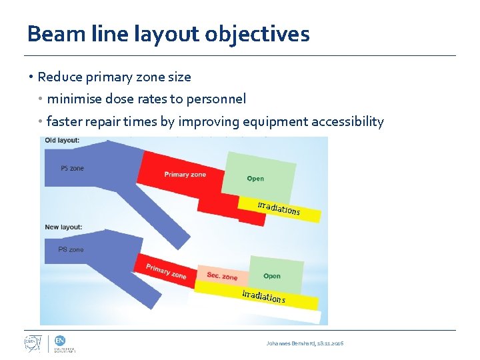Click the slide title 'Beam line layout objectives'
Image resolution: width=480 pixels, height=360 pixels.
pos(168,33)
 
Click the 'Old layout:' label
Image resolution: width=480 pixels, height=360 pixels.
pos(62,141)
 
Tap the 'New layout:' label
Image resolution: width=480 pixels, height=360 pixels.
pos(63,227)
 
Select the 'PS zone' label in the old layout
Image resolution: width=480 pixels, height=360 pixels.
pos(72,169)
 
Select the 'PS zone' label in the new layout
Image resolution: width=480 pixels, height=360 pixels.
pos(71,249)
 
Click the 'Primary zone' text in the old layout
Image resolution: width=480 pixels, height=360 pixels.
pos(185,175)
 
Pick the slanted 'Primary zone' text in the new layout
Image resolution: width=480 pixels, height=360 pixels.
pos(166,270)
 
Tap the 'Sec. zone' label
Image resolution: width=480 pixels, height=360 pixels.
pos(222,276)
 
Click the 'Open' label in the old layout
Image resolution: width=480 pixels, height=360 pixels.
pos(255,179)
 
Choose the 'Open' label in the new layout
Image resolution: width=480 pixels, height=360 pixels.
pos(272,276)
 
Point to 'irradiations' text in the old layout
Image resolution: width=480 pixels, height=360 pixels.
pos(279,207)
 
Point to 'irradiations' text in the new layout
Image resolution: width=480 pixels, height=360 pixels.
pos(263,296)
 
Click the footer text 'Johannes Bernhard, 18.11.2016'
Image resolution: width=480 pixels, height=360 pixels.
pos(305,343)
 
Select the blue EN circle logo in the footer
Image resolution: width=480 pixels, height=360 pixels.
pos(59,339)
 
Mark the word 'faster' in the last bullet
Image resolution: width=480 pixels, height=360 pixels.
pos(63,122)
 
